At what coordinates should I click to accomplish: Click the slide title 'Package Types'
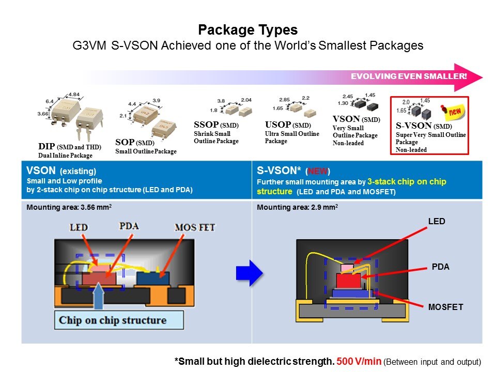click(247, 29)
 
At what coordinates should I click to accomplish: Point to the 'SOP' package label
click(124, 142)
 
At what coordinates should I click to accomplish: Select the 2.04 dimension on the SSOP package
click(245, 100)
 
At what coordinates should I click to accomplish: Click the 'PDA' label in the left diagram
click(129, 226)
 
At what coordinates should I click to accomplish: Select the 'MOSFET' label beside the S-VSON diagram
click(445, 307)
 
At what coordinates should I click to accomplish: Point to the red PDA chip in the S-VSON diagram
click(348, 281)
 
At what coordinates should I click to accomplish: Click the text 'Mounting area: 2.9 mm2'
click(297, 207)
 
